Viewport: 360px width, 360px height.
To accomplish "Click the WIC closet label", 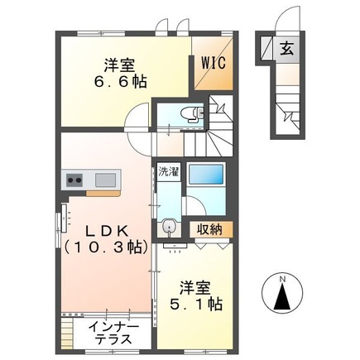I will (x=212, y=63).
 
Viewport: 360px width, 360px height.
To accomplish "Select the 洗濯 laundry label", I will (x=168, y=173).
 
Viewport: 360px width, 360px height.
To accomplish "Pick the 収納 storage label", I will (x=209, y=229).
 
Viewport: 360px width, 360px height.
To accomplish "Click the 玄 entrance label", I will (x=285, y=48).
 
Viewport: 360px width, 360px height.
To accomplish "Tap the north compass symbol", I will (x=283, y=295).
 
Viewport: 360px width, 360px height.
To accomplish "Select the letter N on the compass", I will (x=283, y=278).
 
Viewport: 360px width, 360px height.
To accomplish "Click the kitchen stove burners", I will (x=74, y=179).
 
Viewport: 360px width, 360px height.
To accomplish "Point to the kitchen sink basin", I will (x=106, y=179).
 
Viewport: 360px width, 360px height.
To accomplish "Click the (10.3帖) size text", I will (x=103, y=247).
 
